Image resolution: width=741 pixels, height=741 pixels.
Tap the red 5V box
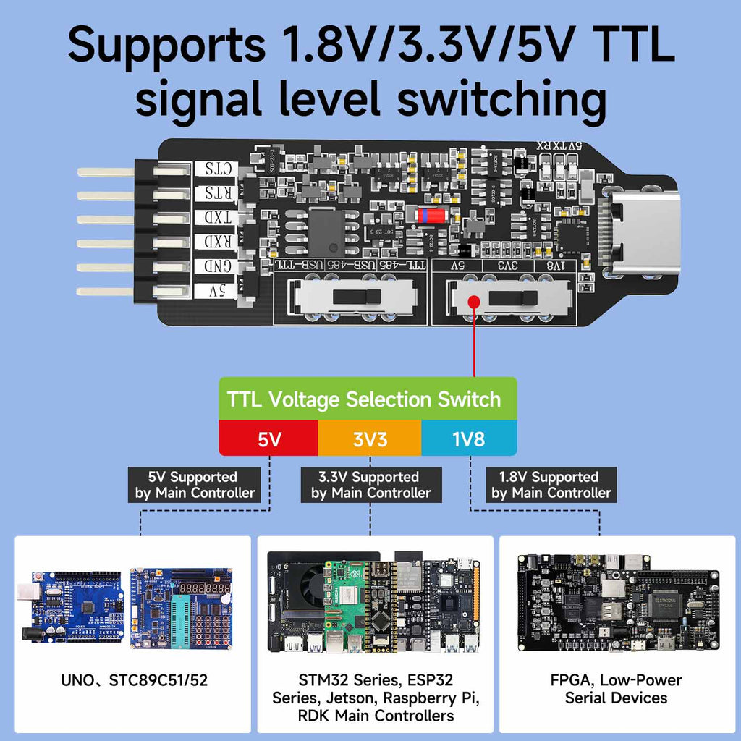click(268, 439)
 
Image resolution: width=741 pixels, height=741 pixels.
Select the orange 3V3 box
click(369, 439)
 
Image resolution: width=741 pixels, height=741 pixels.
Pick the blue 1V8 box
click(469, 439)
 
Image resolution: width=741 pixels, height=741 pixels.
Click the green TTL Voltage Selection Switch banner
click(368, 399)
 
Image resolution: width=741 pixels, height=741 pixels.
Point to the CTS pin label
click(216, 169)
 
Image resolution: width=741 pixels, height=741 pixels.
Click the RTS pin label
click(216, 193)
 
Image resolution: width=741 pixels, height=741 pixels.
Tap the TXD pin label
click(216, 218)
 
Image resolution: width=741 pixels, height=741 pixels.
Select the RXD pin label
click(216, 242)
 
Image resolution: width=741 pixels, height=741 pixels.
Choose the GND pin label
click(216, 267)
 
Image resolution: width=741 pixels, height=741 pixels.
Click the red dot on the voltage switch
click(474, 302)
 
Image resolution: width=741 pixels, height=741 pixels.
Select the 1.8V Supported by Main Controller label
click(551, 485)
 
